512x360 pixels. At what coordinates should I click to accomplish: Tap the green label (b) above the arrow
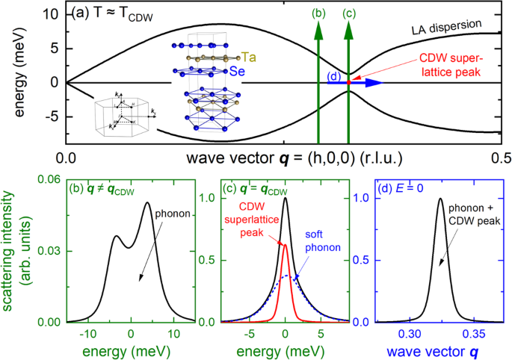coord(318,13)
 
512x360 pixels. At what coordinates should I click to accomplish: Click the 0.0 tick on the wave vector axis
coord(67,158)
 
